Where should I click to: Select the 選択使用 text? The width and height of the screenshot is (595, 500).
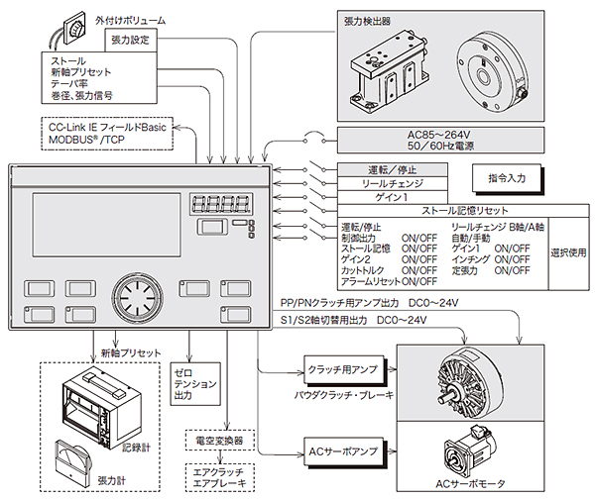(x=569, y=251)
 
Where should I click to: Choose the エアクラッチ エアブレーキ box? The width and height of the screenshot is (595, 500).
(x=220, y=477)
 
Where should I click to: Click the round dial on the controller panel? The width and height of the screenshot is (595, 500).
(x=135, y=294)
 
